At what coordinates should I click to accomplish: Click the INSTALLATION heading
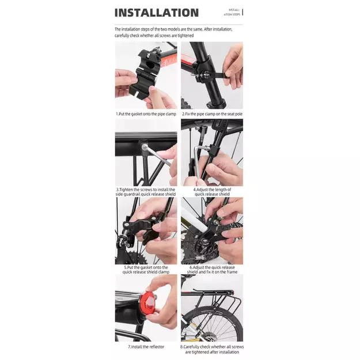tap(157, 13)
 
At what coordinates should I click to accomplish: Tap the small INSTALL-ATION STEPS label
tap(232, 12)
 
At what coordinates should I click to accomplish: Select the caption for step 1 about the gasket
tap(146, 114)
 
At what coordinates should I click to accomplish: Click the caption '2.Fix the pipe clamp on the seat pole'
tap(212, 114)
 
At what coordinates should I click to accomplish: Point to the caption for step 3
tap(146, 192)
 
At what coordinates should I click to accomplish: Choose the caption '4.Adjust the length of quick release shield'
tap(212, 192)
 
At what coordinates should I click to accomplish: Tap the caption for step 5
tap(146, 270)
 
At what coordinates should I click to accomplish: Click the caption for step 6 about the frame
tap(212, 270)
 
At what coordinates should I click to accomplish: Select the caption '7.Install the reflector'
tap(146, 347)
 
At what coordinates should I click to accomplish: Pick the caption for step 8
tap(212, 349)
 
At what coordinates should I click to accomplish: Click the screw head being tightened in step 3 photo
tap(145, 146)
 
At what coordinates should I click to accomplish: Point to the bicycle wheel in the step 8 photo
tap(213, 324)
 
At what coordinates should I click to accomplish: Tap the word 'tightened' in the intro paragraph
tap(185, 36)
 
